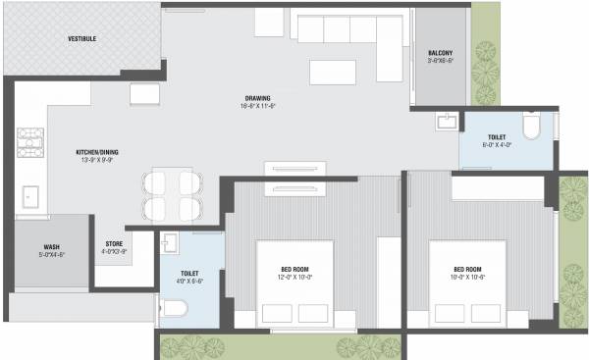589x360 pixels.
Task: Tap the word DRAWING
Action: (259, 99)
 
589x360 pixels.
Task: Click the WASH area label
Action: (52, 247)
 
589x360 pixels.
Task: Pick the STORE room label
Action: (114, 244)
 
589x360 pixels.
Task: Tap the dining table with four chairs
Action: (173, 195)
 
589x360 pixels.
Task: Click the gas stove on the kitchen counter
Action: (26, 143)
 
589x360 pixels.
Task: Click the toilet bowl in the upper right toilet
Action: (531, 127)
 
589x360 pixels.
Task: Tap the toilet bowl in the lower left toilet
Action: (173, 310)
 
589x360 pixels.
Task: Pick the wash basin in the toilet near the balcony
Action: (447, 122)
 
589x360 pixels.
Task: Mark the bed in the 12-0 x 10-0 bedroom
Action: (297, 283)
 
